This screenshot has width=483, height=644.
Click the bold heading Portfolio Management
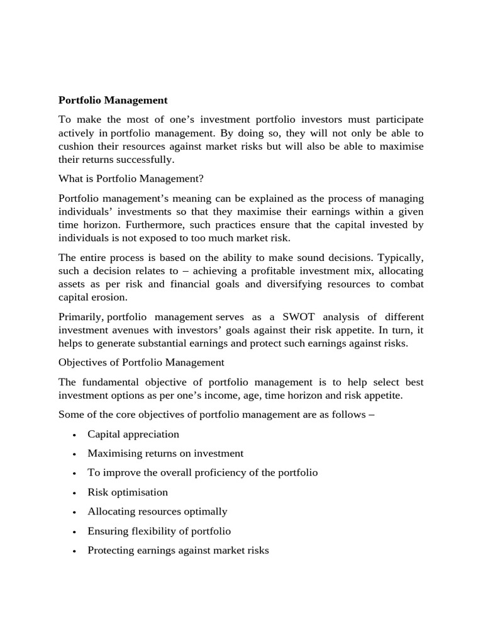coord(113,100)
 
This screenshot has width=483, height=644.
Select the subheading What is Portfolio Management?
coord(131,179)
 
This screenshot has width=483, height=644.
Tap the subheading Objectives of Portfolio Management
coord(141,362)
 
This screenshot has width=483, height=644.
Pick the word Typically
coord(400,258)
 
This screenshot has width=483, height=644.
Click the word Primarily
coord(80,316)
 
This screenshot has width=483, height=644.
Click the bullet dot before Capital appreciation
coord(74,435)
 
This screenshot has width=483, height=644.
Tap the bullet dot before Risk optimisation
coord(74,493)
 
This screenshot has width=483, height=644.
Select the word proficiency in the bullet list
coord(211,473)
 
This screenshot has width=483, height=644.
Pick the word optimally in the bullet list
coord(205,512)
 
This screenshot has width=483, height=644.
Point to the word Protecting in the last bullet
coord(111,550)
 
